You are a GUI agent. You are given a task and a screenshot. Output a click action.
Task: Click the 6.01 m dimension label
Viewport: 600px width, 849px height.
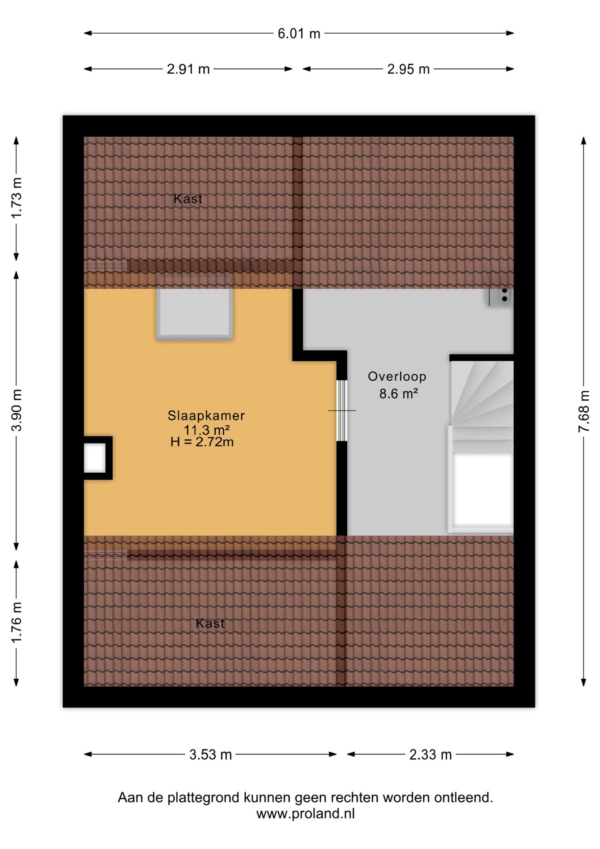click(x=299, y=34)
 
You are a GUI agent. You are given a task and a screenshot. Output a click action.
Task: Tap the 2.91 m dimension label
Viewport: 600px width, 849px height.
click(x=188, y=69)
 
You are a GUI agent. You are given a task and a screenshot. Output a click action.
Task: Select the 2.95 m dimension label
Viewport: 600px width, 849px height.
click(x=408, y=69)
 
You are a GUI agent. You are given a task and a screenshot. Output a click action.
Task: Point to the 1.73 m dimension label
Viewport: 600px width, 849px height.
click(x=16, y=198)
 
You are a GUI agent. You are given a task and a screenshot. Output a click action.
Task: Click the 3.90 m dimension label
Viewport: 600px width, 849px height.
click(x=16, y=410)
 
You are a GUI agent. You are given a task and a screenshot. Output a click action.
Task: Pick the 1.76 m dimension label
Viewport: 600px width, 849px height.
click(x=16, y=623)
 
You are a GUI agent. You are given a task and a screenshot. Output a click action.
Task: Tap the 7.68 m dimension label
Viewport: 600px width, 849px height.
click(x=584, y=411)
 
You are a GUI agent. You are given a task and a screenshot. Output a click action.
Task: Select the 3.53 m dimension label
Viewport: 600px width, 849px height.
click(x=211, y=755)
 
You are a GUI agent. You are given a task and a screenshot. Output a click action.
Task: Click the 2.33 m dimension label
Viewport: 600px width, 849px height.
click(x=430, y=755)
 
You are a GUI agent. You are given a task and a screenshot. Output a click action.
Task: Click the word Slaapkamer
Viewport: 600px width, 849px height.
click(x=206, y=416)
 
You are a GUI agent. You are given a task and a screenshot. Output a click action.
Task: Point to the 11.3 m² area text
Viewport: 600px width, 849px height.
click(x=206, y=429)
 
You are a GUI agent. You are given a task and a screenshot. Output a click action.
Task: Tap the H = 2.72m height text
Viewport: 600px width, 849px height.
click(x=202, y=442)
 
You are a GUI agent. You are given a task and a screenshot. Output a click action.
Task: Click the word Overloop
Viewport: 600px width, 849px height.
click(x=397, y=377)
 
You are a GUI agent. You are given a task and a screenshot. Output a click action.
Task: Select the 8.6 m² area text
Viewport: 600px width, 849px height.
click(x=399, y=393)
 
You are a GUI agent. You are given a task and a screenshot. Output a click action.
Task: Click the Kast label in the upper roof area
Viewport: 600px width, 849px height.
click(x=188, y=199)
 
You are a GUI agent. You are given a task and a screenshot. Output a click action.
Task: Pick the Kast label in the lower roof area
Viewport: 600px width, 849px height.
click(x=210, y=623)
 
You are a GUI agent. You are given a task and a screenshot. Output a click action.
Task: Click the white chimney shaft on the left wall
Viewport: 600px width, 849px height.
click(x=95, y=458)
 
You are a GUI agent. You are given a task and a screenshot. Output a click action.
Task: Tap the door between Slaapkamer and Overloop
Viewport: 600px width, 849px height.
click(x=342, y=410)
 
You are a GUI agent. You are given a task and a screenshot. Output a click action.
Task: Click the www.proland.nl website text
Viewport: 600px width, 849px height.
click(x=305, y=814)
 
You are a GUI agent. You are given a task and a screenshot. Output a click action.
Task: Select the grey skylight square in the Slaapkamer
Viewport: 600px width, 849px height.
click(x=194, y=314)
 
